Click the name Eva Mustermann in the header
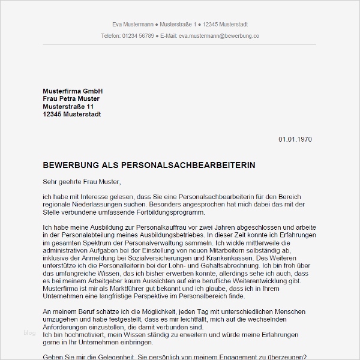132,25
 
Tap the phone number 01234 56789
137,36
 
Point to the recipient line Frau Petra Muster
71,98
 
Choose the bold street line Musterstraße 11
68,106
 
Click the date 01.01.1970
295,139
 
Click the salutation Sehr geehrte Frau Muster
82,181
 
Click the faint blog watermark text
30,332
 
